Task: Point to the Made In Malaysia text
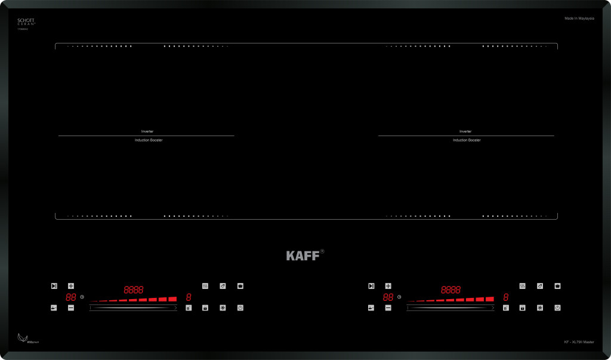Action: [x=579, y=19]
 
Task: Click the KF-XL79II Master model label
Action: [x=579, y=342]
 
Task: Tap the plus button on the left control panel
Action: [x=71, y=286]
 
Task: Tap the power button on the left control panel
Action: [x=240, y=308]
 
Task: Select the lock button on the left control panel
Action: [x=205, y=308]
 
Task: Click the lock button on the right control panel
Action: [x=523, y=308]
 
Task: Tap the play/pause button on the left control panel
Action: [x=54, y=286]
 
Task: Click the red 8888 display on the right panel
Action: [x=450, y=290]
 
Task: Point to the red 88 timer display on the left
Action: [x=71, y=297]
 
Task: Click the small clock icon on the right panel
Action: [x=399, y=297]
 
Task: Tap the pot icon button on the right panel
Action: [x=557, y=286]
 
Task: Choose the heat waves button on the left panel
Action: [x=205, y=286]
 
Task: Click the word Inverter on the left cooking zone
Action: [x=147, y=131]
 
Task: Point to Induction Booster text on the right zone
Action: [x=467, y=140]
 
